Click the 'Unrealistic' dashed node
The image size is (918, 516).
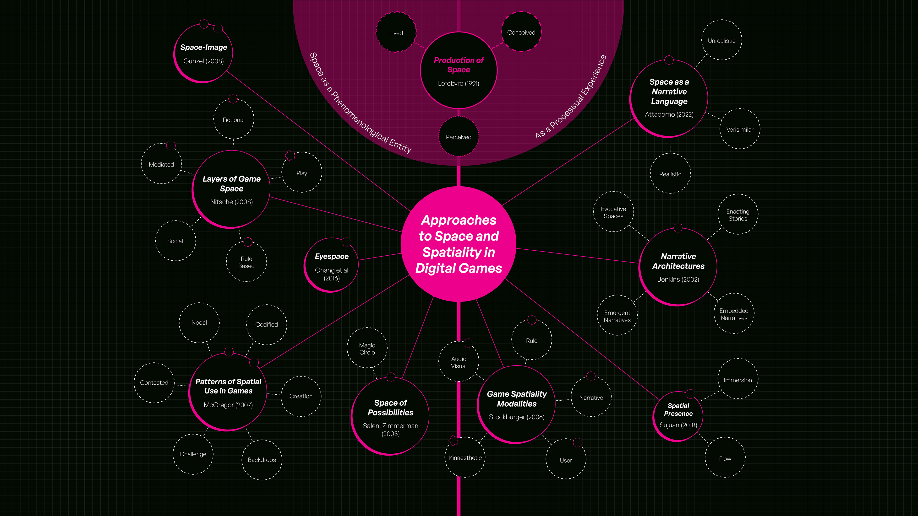point(721,40)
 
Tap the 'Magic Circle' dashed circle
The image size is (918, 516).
point(367,348)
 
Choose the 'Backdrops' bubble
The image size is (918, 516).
point(262,460)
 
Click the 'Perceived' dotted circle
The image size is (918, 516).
point(459,137)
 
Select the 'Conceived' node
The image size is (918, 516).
point(521,32)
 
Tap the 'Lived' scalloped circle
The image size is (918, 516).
point(396,32)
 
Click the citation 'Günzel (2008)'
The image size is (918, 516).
point(203,61)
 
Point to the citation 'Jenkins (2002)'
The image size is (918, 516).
point(678,279)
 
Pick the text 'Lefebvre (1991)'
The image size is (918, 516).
point(459,83)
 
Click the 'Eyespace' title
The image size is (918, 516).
point(331,256)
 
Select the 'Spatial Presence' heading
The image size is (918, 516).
point(678,409)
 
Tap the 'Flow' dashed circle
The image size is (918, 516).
point(725,458)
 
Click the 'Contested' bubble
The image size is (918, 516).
point(154,382)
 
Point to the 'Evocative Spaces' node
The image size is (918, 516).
point(613,212)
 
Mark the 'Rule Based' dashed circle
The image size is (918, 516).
point(246,262)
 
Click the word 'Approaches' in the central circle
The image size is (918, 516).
point(459,220)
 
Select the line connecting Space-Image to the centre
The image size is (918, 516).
point(317,141)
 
